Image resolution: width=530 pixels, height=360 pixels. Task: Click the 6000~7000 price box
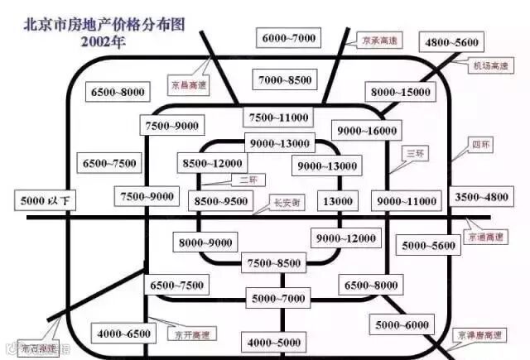[289, 38]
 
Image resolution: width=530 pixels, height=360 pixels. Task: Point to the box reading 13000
[337, 201]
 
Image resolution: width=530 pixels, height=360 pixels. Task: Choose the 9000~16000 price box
[367, 130]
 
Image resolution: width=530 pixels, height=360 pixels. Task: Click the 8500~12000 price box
[213, 164]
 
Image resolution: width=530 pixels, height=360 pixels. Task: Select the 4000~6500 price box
[124, 334]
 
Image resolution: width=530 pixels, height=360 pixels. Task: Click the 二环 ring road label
[247, 180]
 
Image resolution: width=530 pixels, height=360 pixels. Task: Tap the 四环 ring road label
[480, 144]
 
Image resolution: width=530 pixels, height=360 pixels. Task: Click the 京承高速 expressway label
[382, 39]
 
